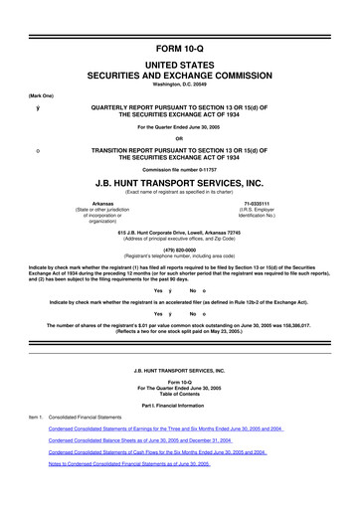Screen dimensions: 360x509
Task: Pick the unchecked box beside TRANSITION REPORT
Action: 38,150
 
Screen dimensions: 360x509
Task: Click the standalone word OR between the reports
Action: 180,137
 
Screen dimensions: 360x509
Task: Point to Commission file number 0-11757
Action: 180,171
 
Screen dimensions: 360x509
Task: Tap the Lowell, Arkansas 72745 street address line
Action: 180,232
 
